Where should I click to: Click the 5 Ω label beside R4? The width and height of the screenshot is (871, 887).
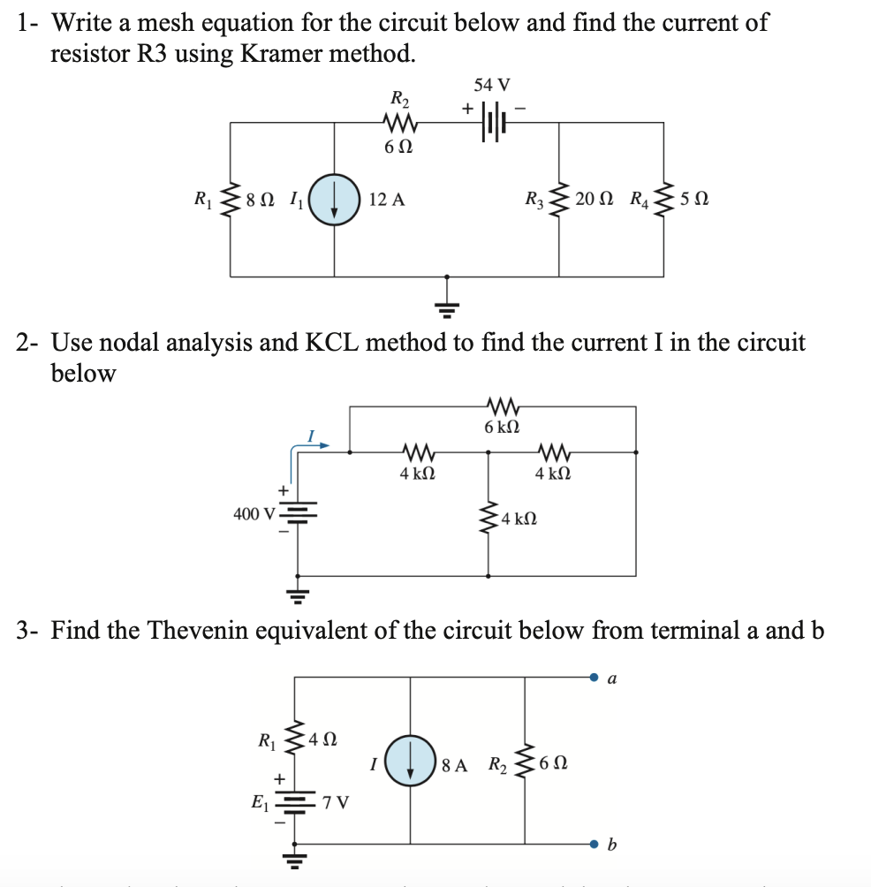693,201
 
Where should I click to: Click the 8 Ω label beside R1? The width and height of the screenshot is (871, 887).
261,201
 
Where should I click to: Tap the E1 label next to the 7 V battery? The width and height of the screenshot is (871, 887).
261,803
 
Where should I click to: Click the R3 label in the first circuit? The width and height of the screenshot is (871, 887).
534,200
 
